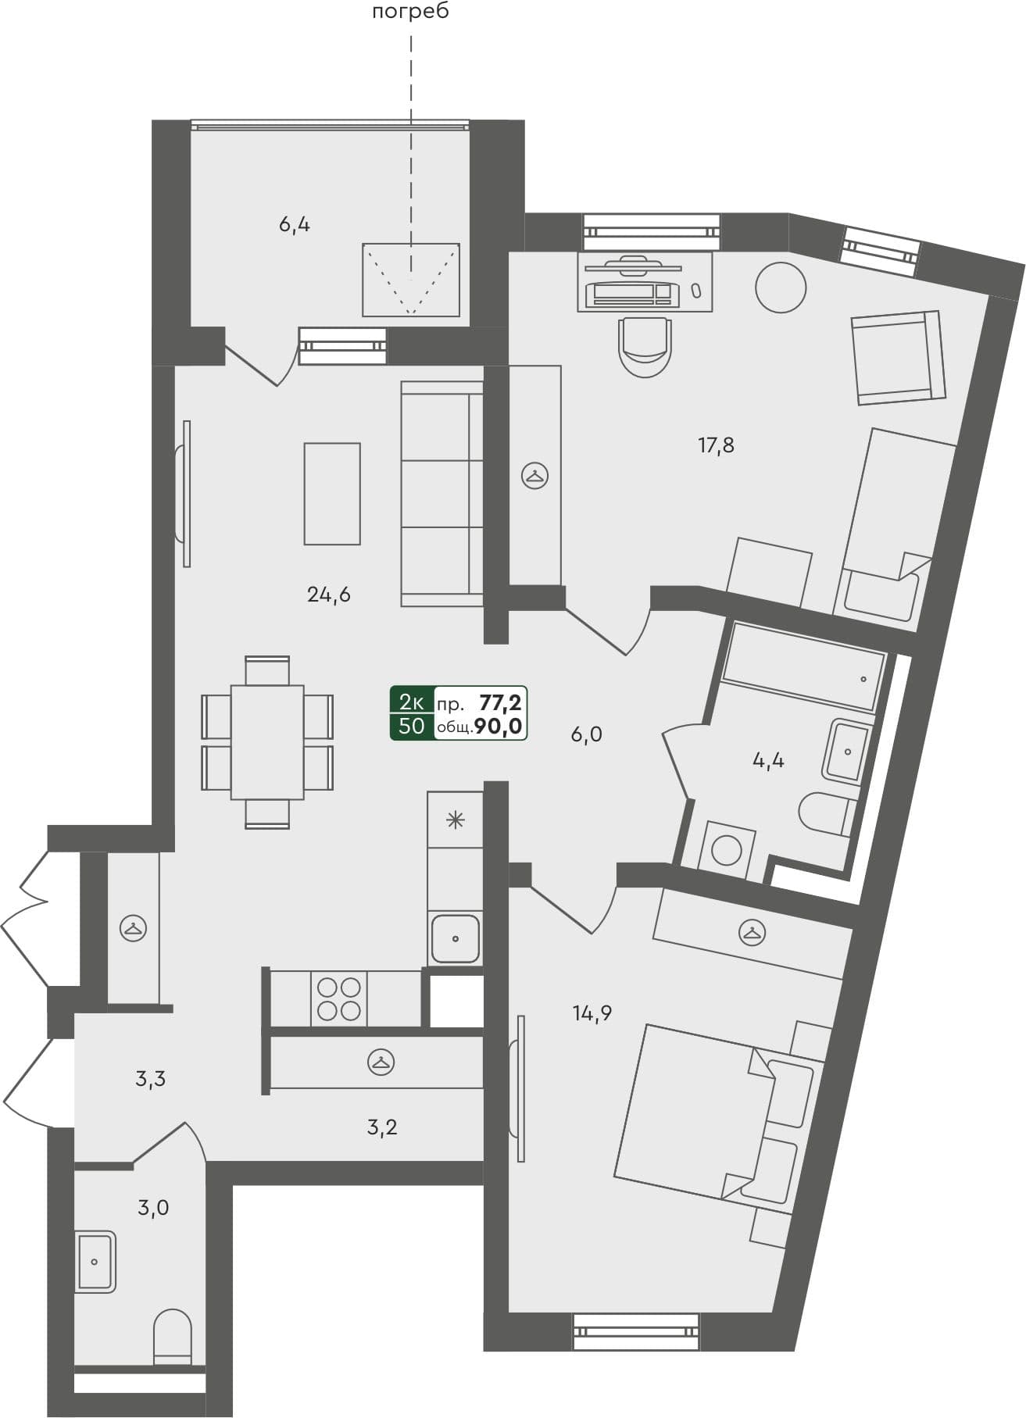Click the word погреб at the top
[x=411, y=13]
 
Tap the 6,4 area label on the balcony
[x=295, y=226]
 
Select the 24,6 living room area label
[x=329, y=595]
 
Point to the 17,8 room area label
[x=716, y=446]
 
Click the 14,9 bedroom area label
[x=592, y=1014]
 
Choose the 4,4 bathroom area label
[x=768, y=760]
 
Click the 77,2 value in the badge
[x=500, y=702]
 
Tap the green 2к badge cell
[x=412, y=701]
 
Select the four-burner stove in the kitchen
[x=339, y=998]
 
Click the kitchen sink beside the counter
[x=455, y=938]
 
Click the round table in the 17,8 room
[x=781, y=288]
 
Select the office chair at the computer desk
[x=645, y=346]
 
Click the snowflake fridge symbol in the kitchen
[x=455, y=820]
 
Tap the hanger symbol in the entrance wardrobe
[x=134, y=927]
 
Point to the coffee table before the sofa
[x=332, y=494]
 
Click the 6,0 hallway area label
[x=586, y=735]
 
